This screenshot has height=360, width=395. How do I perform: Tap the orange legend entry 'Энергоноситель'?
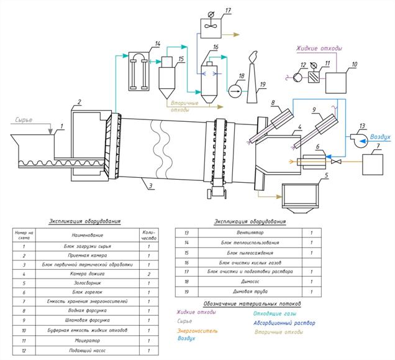(197, 330)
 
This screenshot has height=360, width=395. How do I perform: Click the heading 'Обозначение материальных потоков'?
(252, 303)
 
